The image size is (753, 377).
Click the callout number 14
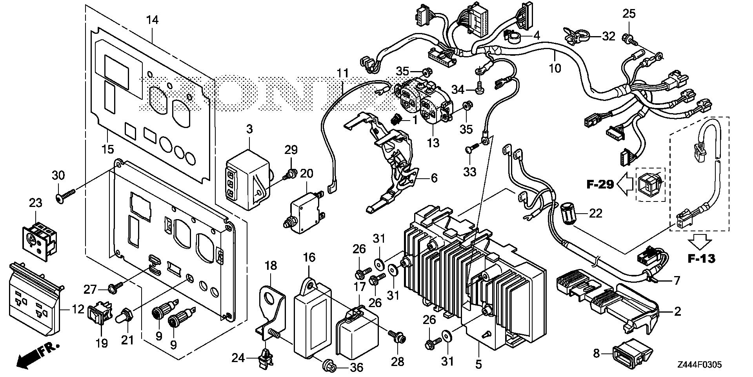click(152, 20)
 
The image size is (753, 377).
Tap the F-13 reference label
click(702, 258)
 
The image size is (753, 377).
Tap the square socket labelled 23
click(38, 238)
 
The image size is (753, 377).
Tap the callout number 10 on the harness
click(555, 68)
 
